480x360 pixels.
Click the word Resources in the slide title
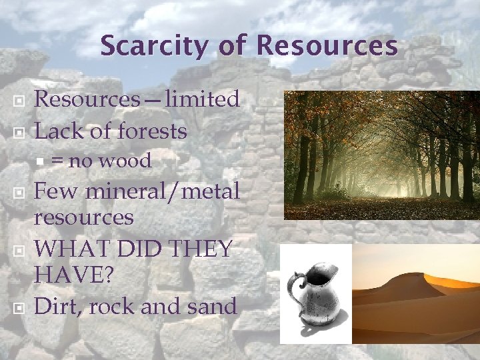click(327, 46)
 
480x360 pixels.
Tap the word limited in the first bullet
click(203, 99)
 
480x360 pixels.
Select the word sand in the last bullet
click(213, 306)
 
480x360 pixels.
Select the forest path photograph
click(381, 155)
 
